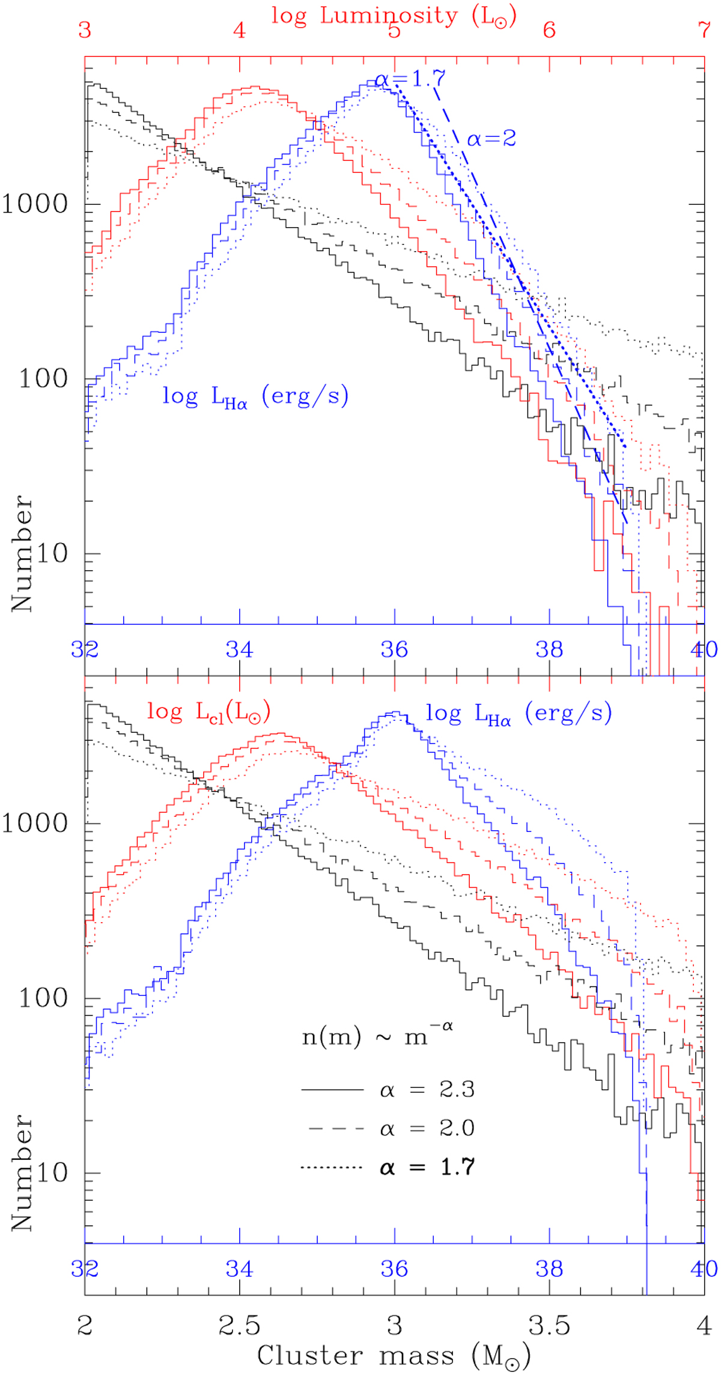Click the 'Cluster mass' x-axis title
click(x=394, y=1355)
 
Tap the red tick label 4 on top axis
click(x=240, y=29)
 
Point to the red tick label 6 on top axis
click(x=549, y=29)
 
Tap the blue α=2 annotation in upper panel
click(x=491, y=139)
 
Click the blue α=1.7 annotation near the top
click(x=410, y=78)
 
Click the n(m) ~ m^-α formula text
click(x=377, y=1036)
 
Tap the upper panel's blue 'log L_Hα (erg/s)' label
click(x=255, y=397)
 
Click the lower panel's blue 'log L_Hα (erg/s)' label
click(x=519, y=714)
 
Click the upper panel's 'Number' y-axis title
click(x=22, y=553)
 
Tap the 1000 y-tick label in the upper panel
click(x=35, y=204)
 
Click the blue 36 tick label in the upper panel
click(x=394, y=649)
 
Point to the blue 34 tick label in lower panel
click(x=240, y=1268)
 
